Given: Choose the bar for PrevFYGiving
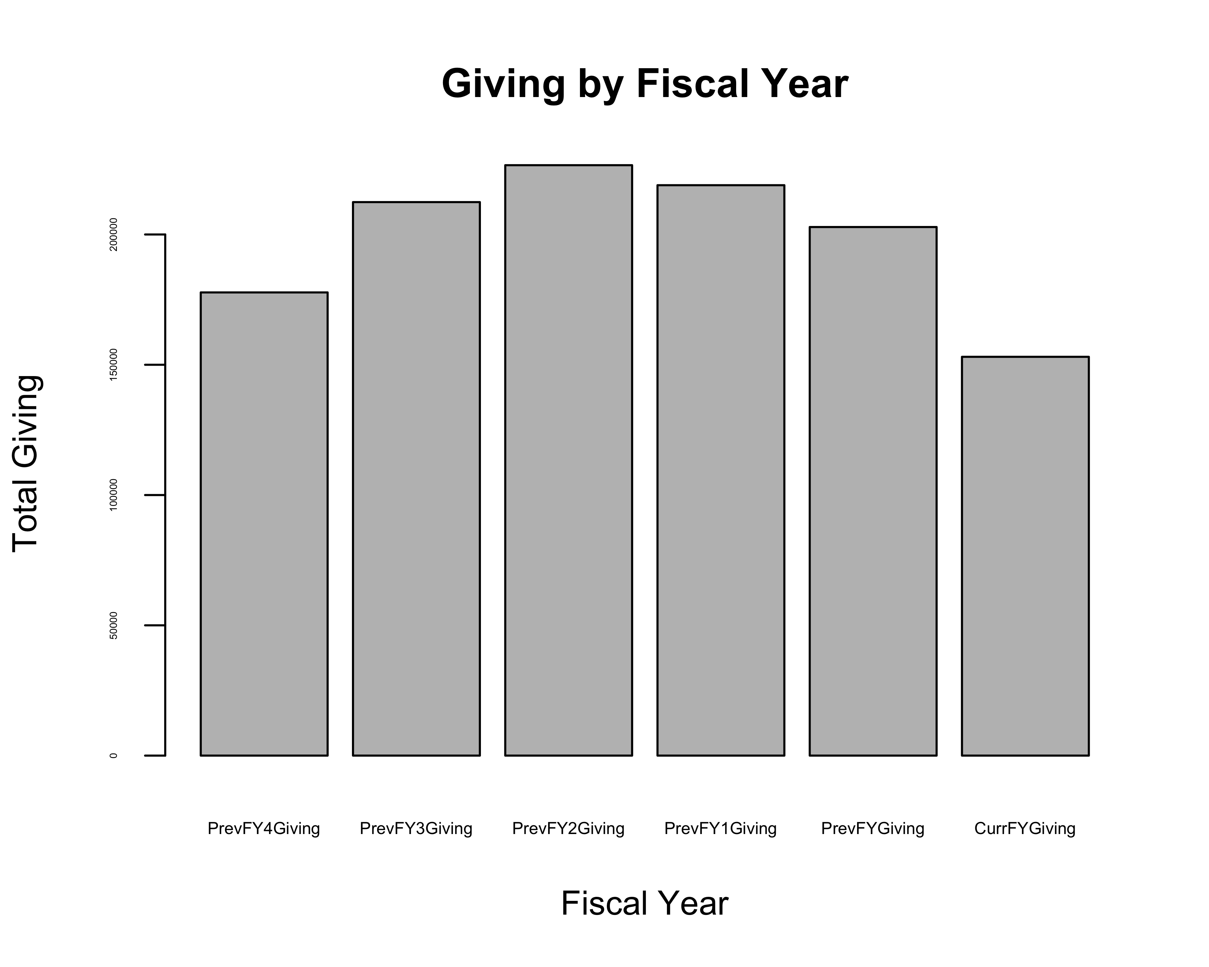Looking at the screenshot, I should tap(873, 491).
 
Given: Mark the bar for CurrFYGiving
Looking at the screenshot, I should tap(1025, 556).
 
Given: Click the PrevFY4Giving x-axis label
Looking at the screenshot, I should tap(264, 829).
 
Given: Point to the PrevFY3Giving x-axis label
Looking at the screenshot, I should tap(416, 829).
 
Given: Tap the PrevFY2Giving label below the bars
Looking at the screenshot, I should tap(569, 829).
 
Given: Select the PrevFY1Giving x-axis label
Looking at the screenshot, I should tap(721, 829).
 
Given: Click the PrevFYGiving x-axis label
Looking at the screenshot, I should tap(873, 829).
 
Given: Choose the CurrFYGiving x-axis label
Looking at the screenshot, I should tap(1025, 829).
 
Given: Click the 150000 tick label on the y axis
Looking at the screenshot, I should tap(114, 365).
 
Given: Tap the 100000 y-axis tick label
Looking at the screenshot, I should tap(114, 495).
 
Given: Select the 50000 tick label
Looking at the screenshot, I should tap(114, 626).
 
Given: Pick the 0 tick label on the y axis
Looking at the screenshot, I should tap(114, 756).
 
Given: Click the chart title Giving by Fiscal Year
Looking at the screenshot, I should tap(645, 84).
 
